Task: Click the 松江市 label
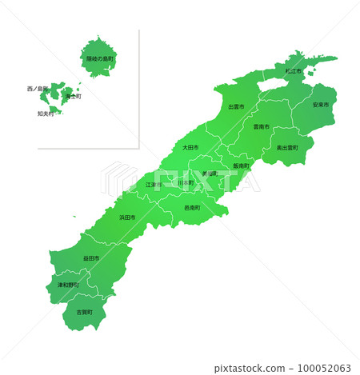pos(293,71)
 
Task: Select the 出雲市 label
pos(236,106)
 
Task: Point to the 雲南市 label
pos(262,126)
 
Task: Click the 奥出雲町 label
pos(287,148)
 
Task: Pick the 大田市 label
pos(190,147)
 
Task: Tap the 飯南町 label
pos(242,166)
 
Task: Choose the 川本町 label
pos(186,183)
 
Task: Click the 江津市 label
pos(153,185)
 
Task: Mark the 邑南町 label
pos(192,208)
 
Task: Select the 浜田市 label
pos(128,217)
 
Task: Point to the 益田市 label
pos(91,258)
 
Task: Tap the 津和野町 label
pos(68,284)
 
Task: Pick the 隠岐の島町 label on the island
pos(101,58)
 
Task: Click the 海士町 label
pos(73,97)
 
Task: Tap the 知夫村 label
pos(46,114)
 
